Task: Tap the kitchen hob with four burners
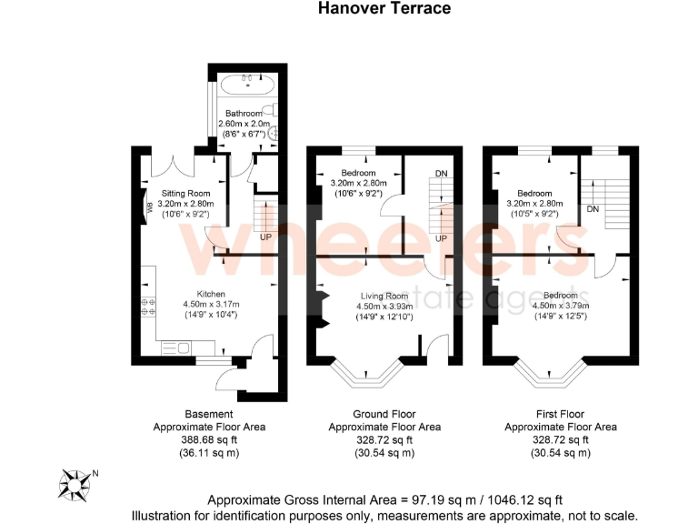click(x=146, y=307)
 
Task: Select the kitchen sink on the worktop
click(x=179, y=347)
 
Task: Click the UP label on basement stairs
click(x=266, y=237)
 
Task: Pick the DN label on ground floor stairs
click(x=441, y=174)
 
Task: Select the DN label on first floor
click(x=592, y=209)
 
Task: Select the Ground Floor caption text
click(x=384, y=413)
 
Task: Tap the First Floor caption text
click(x=560, y=413)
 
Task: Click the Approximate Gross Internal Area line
click(x=385, y=499)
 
